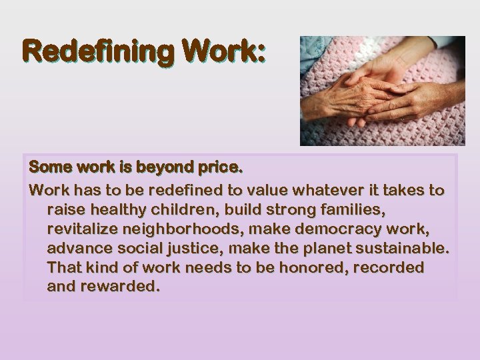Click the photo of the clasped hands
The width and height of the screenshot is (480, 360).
tap(382, 91)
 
